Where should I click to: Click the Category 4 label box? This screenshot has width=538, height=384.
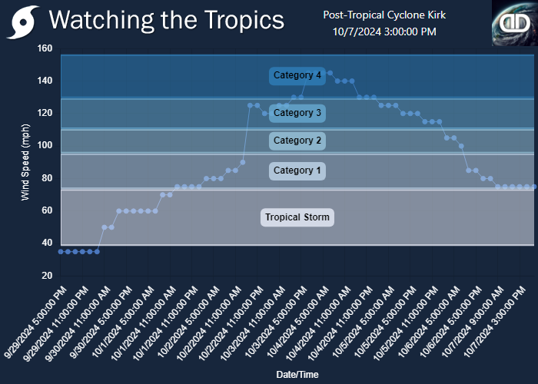pyautogui.click(x=297, y=76)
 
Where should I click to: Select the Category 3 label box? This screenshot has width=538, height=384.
pyautogui.click(x=297, y=113)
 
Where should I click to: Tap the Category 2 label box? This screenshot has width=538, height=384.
pyautogui.click(x=297, y=141)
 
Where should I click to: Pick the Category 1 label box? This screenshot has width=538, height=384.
pyautogui.click(x=297, y=170)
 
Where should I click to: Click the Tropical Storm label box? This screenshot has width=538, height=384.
pyautogui.click(x=297, y=217)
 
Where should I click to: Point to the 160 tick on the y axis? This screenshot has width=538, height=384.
pyautogui.click(x=45, y=48)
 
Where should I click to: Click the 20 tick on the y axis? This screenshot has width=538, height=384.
pyautogui.click(x=48, y=275)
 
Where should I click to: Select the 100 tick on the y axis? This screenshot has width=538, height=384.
pyautogui.click(x=45, y=145)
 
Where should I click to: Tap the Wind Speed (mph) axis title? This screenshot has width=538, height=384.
pyautogui.click(x=25, y=162)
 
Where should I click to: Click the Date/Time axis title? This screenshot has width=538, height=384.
pyautogui.click(x=297, y=375)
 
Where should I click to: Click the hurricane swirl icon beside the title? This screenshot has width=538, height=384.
pyautogui.click(x=22, y=22)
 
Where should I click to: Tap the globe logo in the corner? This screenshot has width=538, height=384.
pyautogui.click(x=515, y=23)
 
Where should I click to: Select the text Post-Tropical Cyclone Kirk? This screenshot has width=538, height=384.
pyautogui.click(x=384, y=15)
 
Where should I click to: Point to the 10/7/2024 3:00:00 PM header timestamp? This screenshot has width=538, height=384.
pyautogui.click(x=384, y=32)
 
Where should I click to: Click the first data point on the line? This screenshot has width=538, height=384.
pyautogui.click(x=61, y=252)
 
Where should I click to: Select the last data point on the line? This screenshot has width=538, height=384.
pyautogui.click(x=534, y=187)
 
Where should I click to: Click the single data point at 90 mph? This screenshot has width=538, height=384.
pyautogui.click(x=243, y=162)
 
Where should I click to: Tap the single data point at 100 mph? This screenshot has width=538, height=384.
pyautogui.click(x=461, y=146)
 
